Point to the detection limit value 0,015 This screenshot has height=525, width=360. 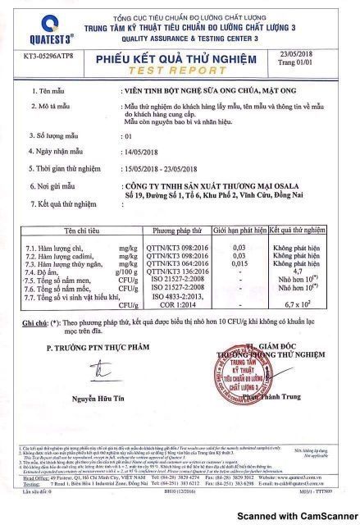[239, 263]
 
